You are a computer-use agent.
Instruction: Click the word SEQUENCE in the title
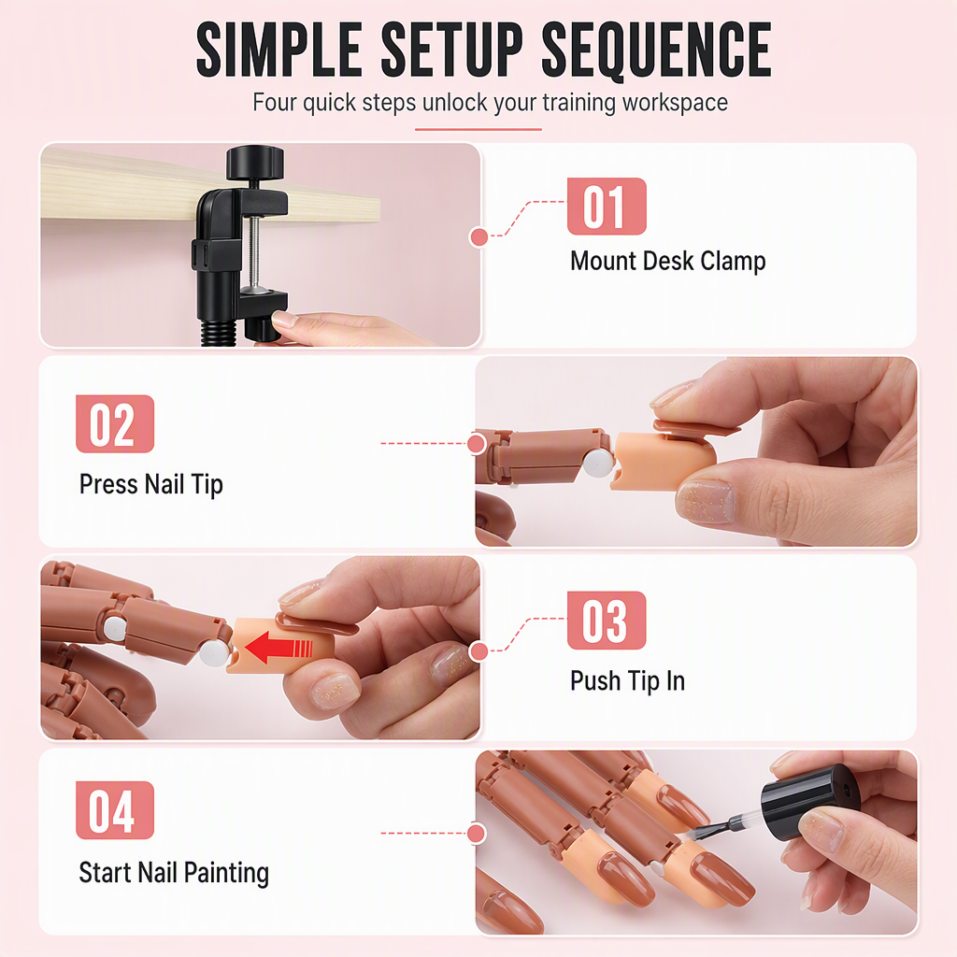click(x=657, y=50)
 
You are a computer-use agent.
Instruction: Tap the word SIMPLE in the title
click(x=279, y=50)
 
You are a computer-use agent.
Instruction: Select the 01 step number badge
click(x=607, y=207)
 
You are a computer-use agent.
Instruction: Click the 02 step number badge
click(x=115, y=423)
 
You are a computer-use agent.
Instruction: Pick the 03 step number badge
click(x=607, y=621)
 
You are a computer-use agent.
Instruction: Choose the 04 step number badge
click(x=115, y=810)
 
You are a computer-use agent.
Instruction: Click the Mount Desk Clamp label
click(x=667, y=262)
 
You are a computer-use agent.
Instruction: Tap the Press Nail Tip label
click(x=151, y=485)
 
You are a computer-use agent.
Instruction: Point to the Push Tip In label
click(x=627, y=681)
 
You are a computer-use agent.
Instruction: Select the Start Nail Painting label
click(x=174, y=874)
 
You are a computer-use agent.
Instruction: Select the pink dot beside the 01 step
click(x=479, y=237)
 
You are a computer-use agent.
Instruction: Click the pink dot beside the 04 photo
click(x=476, y=833)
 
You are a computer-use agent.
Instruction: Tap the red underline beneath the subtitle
click(x=478, y=129)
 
